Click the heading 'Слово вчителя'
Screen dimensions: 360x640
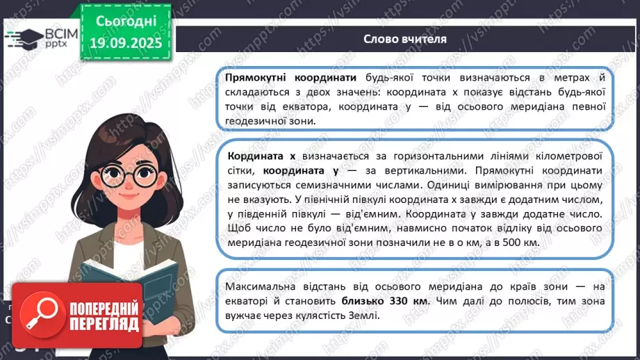coord(405,39)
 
